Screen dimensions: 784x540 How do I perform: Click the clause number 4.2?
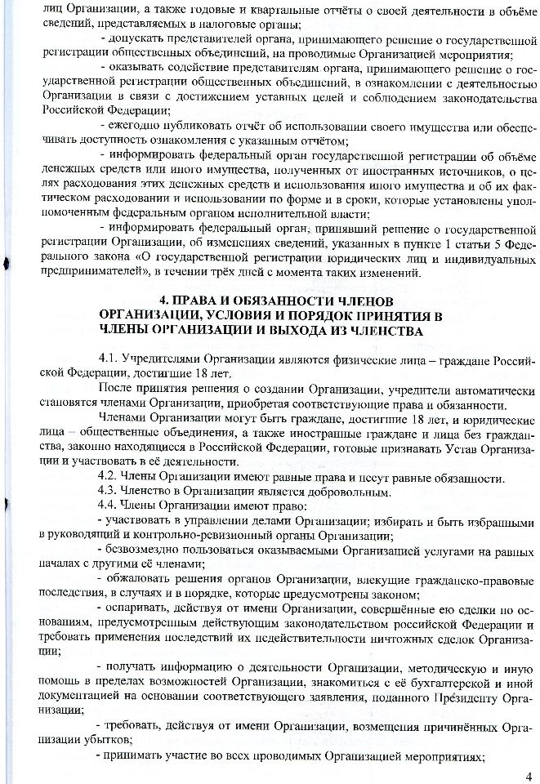pos(107,477)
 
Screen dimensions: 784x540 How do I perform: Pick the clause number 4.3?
pos(107,492)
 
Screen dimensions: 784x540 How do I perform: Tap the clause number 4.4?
pos(107,506)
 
